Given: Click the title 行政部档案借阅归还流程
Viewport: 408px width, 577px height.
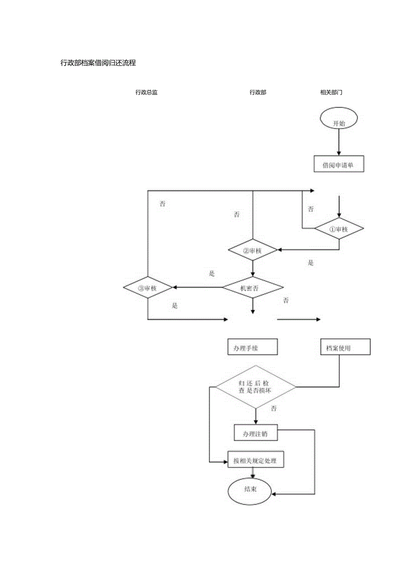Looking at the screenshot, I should coord(98,63).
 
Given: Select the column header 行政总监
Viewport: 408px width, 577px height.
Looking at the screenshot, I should coord(146,93).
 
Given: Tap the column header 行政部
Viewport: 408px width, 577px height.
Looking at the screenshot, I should coord(258,93).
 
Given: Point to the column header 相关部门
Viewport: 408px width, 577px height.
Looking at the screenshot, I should coord(331,93).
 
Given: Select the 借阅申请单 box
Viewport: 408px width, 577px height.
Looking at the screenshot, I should coord(339,164).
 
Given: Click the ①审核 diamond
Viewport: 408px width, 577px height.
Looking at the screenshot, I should coord(339,229).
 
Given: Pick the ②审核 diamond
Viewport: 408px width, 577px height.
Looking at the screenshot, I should coord(253,250).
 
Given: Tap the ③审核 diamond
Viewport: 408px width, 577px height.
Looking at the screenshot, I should coord(148,287).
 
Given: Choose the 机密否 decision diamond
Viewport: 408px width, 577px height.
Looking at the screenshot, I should coord(253,287).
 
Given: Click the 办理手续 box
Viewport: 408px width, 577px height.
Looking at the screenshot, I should coord(252,347).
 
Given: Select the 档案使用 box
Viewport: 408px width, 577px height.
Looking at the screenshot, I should coord(345,347).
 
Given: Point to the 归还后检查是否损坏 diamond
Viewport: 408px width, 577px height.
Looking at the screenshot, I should coord(255,387).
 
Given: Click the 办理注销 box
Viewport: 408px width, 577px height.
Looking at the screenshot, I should coord(256,433).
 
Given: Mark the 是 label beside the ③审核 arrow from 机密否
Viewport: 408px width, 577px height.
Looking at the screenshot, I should coord(212,274).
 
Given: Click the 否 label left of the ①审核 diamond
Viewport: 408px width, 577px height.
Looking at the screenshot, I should coord(311,209).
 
